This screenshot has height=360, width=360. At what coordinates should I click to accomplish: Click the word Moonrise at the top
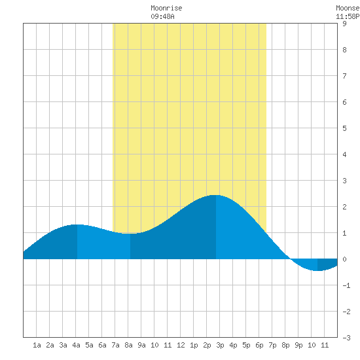pos(166,8)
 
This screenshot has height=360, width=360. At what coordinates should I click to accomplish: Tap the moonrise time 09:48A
pos(162,16)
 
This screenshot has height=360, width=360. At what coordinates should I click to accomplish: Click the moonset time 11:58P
pos(348,16)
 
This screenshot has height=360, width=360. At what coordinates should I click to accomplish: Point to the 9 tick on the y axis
pos(344,24)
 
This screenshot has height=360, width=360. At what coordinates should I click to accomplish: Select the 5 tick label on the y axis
pos(344,128)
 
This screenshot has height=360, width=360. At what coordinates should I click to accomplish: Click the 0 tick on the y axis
pos(344,259)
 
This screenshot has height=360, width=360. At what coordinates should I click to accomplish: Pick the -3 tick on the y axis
pos(346,338)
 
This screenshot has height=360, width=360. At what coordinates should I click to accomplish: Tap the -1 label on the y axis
pos(346,285)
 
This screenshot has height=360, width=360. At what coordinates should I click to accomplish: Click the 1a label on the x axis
pos(37,345)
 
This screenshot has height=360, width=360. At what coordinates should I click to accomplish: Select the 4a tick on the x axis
pos(76,345)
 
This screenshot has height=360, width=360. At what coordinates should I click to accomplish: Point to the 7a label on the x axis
pos(115,345)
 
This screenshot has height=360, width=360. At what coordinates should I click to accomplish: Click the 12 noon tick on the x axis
pos(181,345)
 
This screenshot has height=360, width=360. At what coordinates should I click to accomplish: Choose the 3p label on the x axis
pos(220,345)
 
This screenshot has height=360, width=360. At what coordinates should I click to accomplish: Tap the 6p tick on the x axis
pos(259,345)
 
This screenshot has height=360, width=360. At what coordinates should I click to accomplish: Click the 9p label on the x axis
pos(298,345)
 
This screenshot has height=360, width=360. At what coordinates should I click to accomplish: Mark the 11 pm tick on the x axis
pos(325,345)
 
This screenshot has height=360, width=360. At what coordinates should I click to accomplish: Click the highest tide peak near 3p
pos(216,195)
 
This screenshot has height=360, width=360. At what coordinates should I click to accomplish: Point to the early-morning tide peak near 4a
pos(77,225)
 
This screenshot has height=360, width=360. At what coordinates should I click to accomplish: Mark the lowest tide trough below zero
pos(317,271)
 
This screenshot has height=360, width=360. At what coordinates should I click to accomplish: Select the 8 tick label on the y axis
pos(344,50)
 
